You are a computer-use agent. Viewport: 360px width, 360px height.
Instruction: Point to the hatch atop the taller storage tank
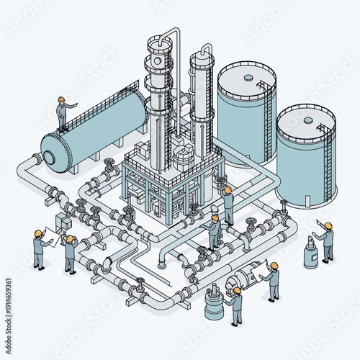click(x=248, y=76)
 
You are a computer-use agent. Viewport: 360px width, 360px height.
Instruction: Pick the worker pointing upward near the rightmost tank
click(x=325, y=242)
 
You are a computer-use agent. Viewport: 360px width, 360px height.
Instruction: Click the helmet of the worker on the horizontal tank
click(x=62, y=99)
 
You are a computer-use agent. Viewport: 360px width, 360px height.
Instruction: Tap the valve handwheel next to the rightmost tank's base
click(x=284, y=203)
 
